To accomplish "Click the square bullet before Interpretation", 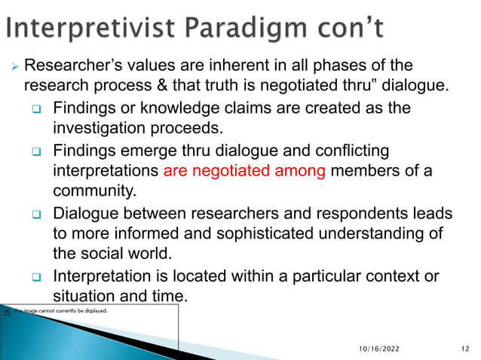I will tap(35, 277).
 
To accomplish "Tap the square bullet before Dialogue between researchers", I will tap(35, 214).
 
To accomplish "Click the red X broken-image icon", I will tap(6, 310).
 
